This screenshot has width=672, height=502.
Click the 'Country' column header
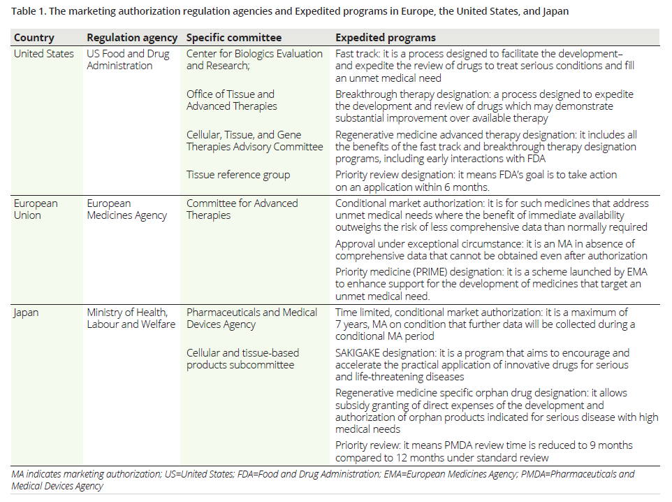tap(34, 38)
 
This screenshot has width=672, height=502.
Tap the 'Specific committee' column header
tap(234, 38)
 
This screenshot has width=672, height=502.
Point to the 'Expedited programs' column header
tap(385, 38)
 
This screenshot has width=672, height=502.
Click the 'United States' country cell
tap(43, 54)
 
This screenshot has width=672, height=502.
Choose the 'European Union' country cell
tap(36, 209)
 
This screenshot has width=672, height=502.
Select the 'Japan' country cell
tap(27, 313)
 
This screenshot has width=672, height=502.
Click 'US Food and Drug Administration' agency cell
tap(128, 59)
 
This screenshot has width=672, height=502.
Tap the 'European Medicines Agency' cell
tap(126, 209)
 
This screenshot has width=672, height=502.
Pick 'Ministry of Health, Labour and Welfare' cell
tap(131, 318)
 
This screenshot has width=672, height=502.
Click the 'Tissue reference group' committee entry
tap(238, 175)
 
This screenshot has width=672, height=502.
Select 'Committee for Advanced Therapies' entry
tap(242, 209)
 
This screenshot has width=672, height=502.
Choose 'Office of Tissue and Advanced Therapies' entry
tap(231, 100)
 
